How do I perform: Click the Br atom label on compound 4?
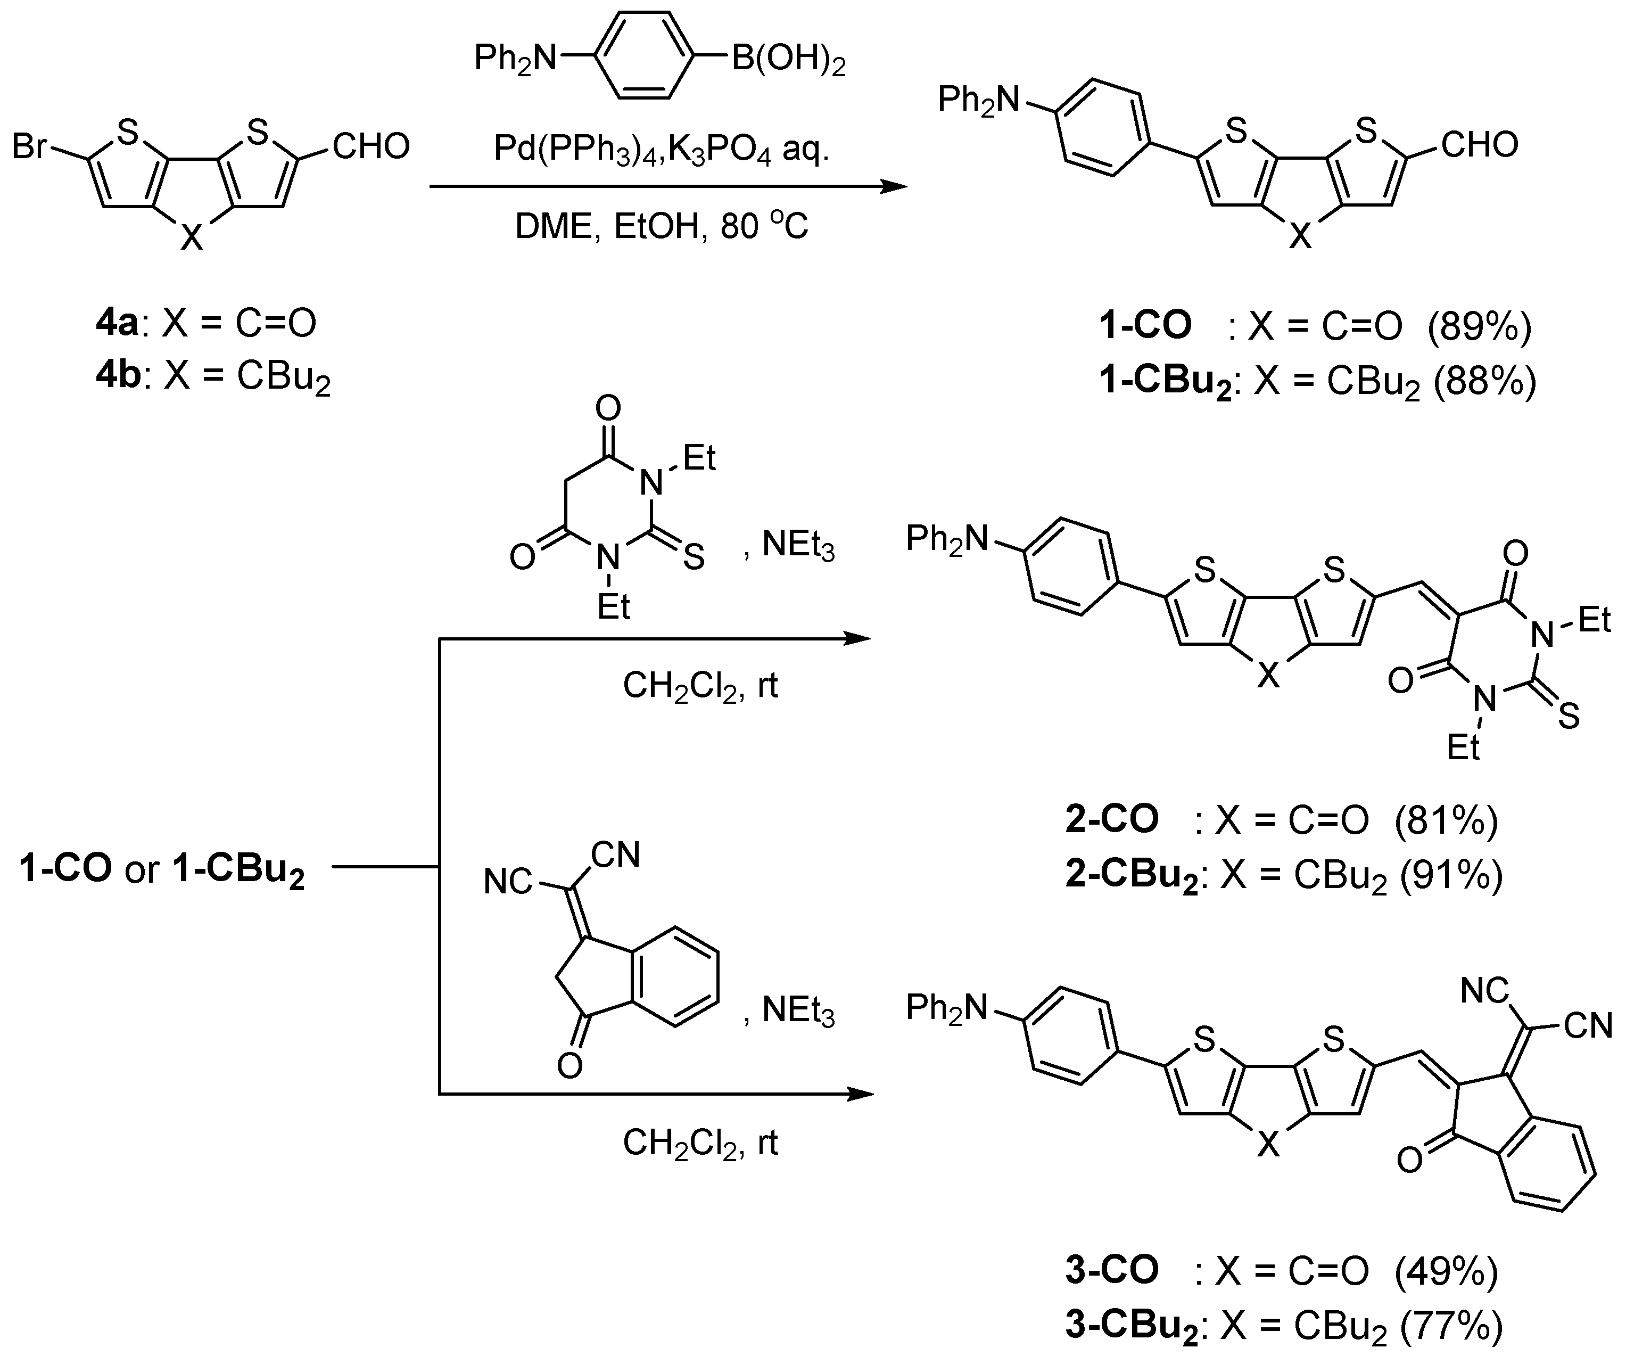point(29,146)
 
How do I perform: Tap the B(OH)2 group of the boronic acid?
point(788,59)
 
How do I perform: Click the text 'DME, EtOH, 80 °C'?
point(662,227)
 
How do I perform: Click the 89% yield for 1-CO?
point(1480,327)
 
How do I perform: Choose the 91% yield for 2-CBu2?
point(1450,875)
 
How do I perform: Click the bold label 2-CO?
point(1112,819)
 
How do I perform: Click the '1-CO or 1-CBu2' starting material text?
point(163,869)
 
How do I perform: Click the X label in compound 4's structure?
point(191,238)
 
